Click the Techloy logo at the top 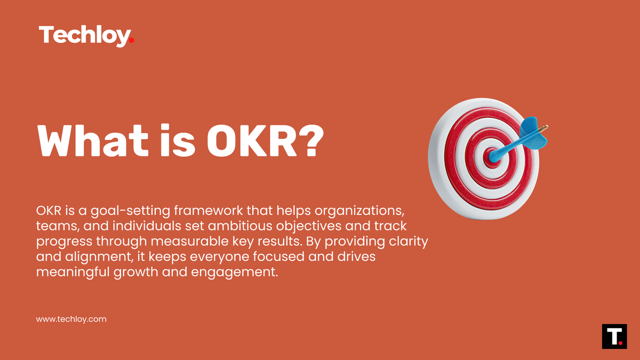coord(84,36)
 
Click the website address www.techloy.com coord(71,319)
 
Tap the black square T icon coord(614,336)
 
